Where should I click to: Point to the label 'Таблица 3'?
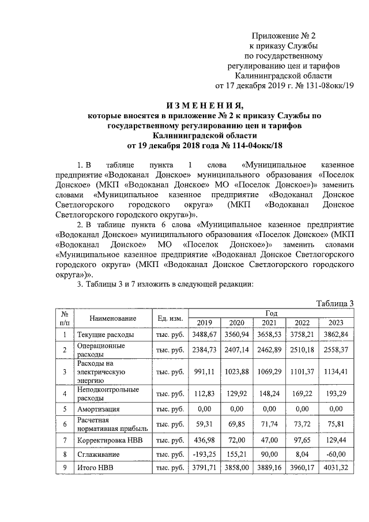point(335,304)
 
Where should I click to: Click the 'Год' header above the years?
point(272,313)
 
